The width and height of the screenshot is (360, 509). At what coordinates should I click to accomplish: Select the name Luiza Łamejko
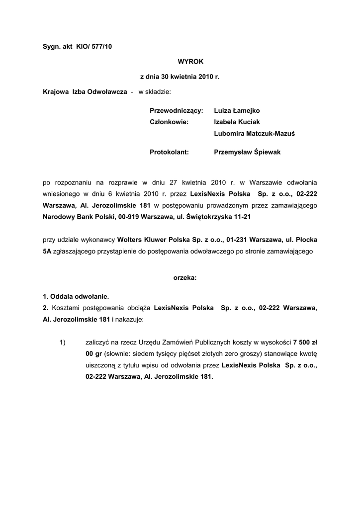tap(236, 110)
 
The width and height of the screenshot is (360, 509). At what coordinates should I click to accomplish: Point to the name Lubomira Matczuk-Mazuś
tap(254, 133)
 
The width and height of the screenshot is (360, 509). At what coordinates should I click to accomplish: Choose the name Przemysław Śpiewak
tap(247, 152)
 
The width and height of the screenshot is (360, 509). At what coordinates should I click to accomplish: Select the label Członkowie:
tap(169, 122)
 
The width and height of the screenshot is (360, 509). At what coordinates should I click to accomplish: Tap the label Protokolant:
tap(169, 152)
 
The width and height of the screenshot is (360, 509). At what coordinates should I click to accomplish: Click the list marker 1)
tap(63, 342)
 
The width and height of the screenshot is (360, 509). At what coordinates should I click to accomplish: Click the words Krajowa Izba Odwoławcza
tap(85, 92)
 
